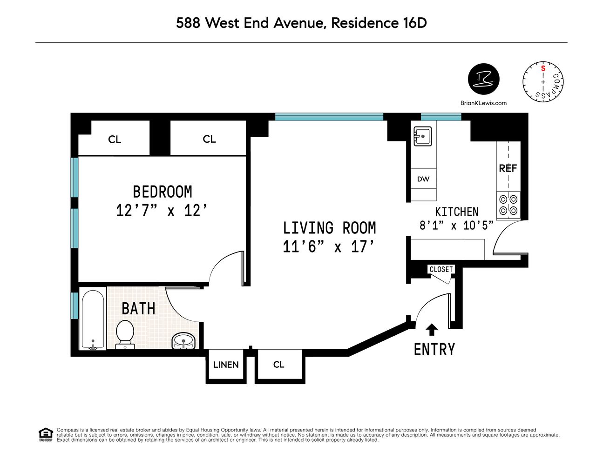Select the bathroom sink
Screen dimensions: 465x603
click(184, 341)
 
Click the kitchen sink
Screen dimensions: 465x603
click(422, 137)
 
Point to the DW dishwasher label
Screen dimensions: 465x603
click(423, 179)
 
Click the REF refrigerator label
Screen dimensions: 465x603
click(508, 168)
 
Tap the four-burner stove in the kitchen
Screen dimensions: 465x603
click(508, 205)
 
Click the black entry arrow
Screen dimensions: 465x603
click(432, 329)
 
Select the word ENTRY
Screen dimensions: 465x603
click(434, 349)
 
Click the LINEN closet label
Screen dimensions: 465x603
click(226, 365)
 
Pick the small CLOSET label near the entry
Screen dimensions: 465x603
click(440, 269)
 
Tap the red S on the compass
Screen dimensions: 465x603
click(543, 69)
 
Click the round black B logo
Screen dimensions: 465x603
click(483, 79)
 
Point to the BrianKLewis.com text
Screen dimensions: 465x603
click(483, 103)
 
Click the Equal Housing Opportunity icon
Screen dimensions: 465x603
click(45, 435)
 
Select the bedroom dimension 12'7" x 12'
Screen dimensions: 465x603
click(162, 211)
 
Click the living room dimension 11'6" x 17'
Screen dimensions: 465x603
click(329, 246)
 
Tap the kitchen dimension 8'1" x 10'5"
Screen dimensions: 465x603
click(456, 226)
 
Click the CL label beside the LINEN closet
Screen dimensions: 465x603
click(278, 365)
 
